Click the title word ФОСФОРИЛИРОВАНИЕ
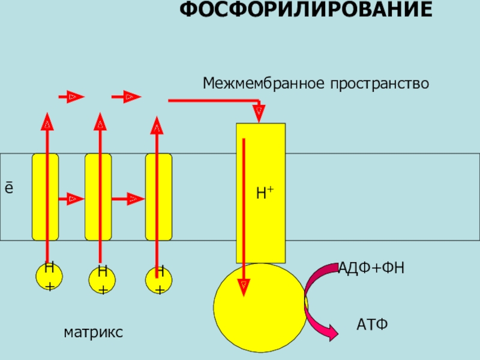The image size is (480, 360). pyautogui.click(x=306, y=10)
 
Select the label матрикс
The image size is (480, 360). pyautogui.click(x=93, y=331)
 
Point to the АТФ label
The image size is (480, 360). pyautogui.click(x=373, y=325)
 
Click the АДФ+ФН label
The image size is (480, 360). pyautogui.click(x=371, y=268)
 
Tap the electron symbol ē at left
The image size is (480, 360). pyautogui.click(x=9, y=188)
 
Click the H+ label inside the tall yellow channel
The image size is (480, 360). pyautogui.click(x=264, y=193)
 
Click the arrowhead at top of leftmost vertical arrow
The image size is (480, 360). pyautogui.click(x=47, y=122)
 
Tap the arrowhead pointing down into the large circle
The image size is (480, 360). pyautogui.click(x=244, y=286)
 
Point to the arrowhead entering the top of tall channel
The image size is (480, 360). pyautogui.click(x=259, y=112)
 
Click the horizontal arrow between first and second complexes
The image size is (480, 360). pyautogui.click(x=71, y=197)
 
